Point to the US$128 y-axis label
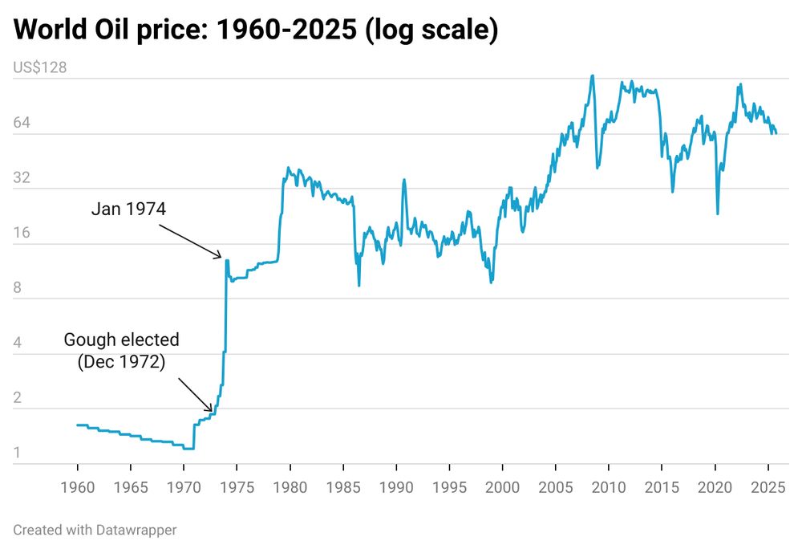pyautogui.click(x=40, y=67)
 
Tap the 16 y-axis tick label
pyautogui.click(x=22, y=234)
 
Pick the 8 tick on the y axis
pyautogui.click(x=18, y=288)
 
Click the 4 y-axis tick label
pyautogui.click(x=18, y=344)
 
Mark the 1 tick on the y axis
pyautogui.click(x=17, y=454)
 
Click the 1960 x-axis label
pyautogui.click(x=77, y=487)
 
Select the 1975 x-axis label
pyautogui.click(x=237, y=487)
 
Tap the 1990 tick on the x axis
pyautogui.click(x=396, y=487)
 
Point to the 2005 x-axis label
pyautogui.click(x=555, y=487)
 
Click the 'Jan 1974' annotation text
pyautogui.click(x=128, y=209)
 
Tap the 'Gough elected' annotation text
pyautogui.click(x=122, y=340)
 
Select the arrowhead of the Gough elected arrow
pyautogui.click(x=213, y=410)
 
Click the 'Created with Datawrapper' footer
pyautogui.click(x=95, y=530)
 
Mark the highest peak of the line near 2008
pyautogui.click(x=592, y=76)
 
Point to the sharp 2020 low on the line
pyautogui.click(x=717, y=213)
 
